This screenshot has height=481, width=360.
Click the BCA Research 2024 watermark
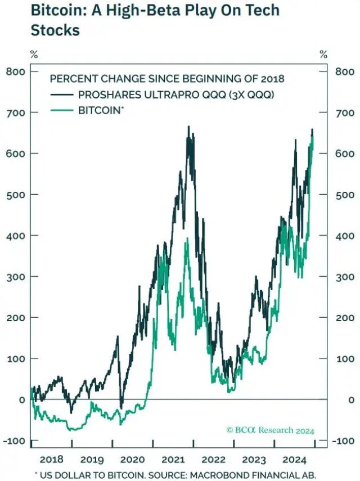(270, 430)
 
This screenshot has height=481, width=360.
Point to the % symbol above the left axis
(34, 55)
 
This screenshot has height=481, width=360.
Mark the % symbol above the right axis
(323, 55)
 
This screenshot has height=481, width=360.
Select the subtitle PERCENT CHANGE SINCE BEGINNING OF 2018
(167, 79)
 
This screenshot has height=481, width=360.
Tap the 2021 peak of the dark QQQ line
(188, 127)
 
